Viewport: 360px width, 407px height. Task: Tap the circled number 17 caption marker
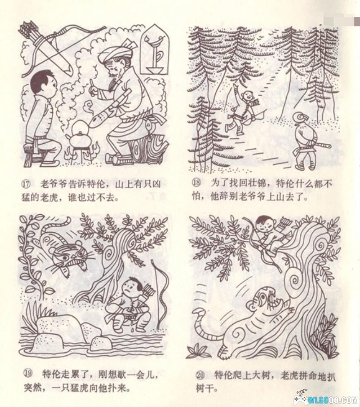pyautogui.click(x=27, y=185)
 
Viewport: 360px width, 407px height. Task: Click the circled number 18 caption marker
pyautogui.click(x=196, y=183)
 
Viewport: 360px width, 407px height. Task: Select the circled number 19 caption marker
pyautogui.click(x=28, y=374)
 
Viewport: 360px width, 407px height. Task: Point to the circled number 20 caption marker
pyautogui.click(x=200, y=375)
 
